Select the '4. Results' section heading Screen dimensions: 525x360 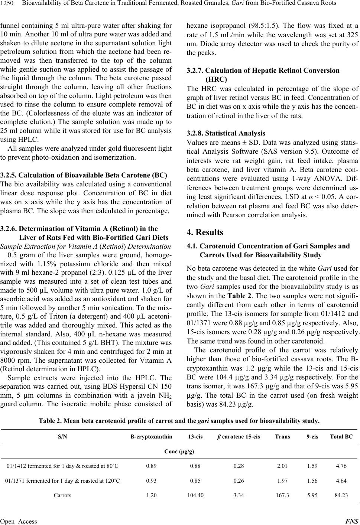(205, 232)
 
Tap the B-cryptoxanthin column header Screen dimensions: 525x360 (151, 436)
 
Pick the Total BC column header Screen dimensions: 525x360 (341, 436)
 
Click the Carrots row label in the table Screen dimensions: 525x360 (62, 495)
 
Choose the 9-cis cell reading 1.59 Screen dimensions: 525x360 (312, 466)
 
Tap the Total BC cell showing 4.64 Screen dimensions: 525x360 (341, 480)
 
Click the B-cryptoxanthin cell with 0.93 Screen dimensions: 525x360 (151, 480)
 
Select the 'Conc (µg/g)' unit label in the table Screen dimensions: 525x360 (179, 451)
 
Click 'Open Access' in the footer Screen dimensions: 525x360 (19, 521)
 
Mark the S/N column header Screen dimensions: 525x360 (62, 436)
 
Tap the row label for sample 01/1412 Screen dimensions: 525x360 (62, 466)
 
